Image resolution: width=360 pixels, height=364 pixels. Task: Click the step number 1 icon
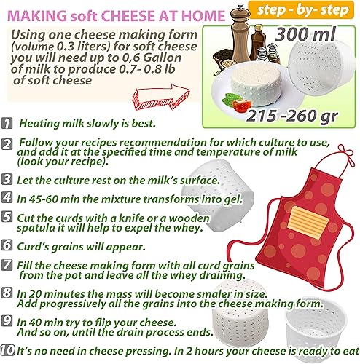tap(7, 123)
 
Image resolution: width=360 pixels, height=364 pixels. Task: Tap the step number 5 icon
tap(7, 217)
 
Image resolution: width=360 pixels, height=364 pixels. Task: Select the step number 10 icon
tap(7, 350)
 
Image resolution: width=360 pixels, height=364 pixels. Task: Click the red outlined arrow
tap(161, 98)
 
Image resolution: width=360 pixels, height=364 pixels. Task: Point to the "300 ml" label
tap(305, 34)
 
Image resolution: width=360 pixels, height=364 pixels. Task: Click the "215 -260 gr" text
tap(291, 116)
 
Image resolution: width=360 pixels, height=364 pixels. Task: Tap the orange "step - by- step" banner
tap(302, 10)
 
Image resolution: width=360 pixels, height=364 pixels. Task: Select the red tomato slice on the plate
tap(241, 106)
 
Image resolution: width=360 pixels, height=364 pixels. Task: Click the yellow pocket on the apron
tap(308, 222)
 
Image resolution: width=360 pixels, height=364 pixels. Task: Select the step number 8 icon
tap(7, 293)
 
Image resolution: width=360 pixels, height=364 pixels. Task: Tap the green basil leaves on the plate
tap(231, 100)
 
